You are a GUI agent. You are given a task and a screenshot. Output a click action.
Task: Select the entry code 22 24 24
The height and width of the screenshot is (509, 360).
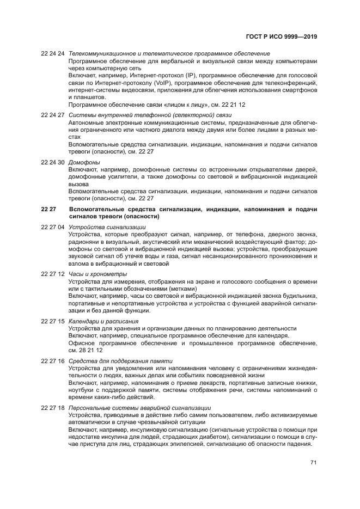coord(53,54)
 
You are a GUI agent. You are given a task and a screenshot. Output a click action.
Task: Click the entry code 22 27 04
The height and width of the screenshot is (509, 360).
coord(53,227)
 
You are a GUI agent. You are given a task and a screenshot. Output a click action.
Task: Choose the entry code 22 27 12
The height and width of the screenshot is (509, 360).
coord(53,274)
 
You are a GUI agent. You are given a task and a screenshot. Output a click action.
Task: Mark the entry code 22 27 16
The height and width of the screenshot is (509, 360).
coord(53,360)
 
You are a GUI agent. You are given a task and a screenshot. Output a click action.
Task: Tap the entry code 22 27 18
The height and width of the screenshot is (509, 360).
coord(53,407)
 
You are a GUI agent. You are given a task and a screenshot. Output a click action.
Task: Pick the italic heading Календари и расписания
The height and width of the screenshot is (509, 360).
coord(103,321)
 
